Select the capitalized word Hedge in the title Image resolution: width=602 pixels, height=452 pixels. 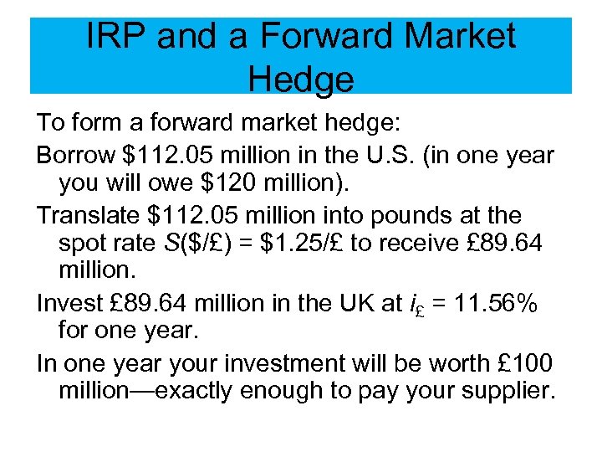301,80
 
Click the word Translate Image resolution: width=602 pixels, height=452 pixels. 87,215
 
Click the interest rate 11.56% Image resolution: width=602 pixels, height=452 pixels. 490,305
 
